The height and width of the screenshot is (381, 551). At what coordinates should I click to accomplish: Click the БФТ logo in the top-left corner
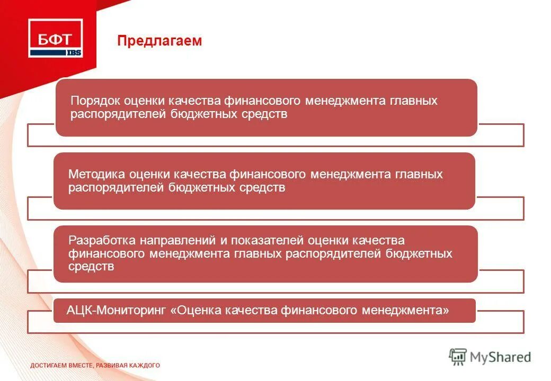point(56,38)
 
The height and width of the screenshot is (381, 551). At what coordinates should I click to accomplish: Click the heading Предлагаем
point(159,41)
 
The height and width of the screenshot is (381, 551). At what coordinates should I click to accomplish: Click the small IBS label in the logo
point(74,52)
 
